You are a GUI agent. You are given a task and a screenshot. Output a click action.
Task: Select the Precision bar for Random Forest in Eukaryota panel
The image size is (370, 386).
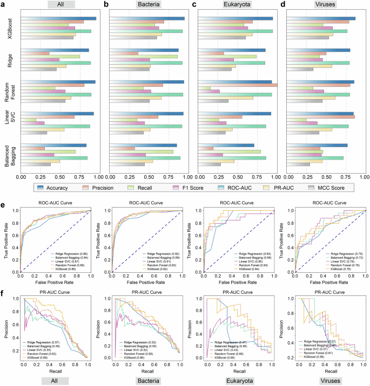point(238,85)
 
